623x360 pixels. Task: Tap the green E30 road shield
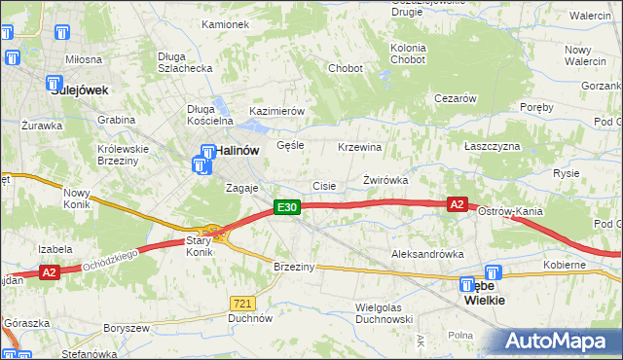coord(285,207)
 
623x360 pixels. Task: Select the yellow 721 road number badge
coord(242,303)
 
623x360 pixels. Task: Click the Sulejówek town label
coord(80,90)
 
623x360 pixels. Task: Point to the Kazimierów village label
coord(277,112)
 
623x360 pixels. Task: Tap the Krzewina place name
coord(359,147)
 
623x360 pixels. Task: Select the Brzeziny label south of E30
coord(292,267)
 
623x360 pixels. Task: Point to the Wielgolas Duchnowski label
coord(384,312)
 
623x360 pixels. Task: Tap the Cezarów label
coord(455,98)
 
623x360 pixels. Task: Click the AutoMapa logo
coord(554,342)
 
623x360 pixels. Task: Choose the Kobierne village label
coord(565,265)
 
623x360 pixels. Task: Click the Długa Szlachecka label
coord(185,62)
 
